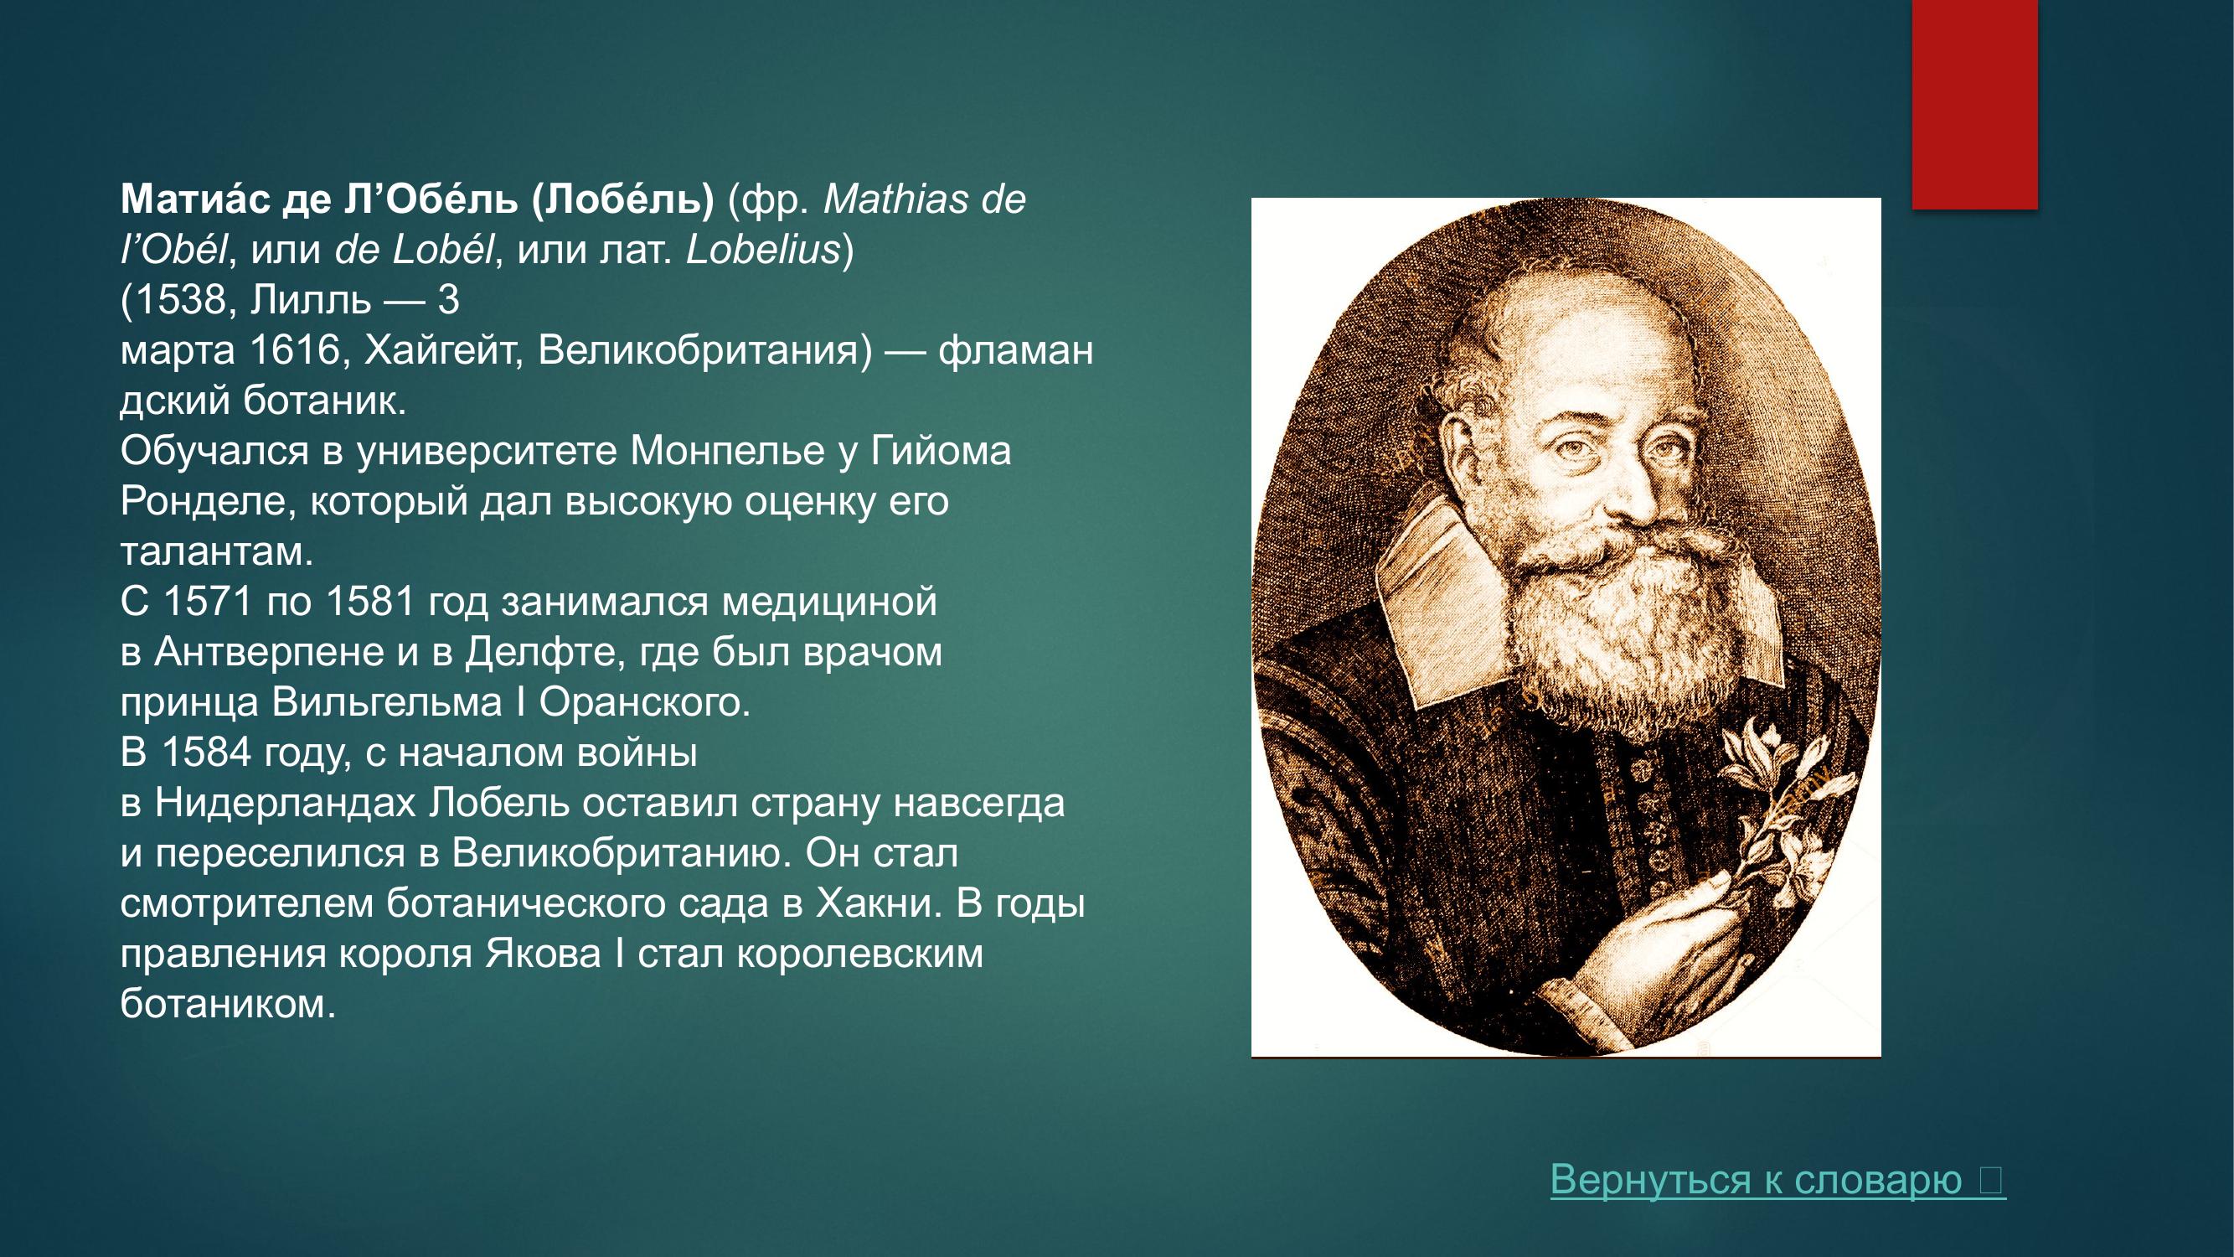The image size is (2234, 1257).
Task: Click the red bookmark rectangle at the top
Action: tap(1974, 104)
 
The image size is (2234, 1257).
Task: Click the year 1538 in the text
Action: tap(180, 301)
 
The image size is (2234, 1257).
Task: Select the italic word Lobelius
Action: tap(763, 251)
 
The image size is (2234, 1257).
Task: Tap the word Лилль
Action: tap(311, 301)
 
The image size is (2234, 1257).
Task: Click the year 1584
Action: tap(205, 753)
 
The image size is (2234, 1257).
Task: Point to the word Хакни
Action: tap(878, 904)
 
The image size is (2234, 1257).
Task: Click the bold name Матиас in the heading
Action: tap(195, 200)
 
